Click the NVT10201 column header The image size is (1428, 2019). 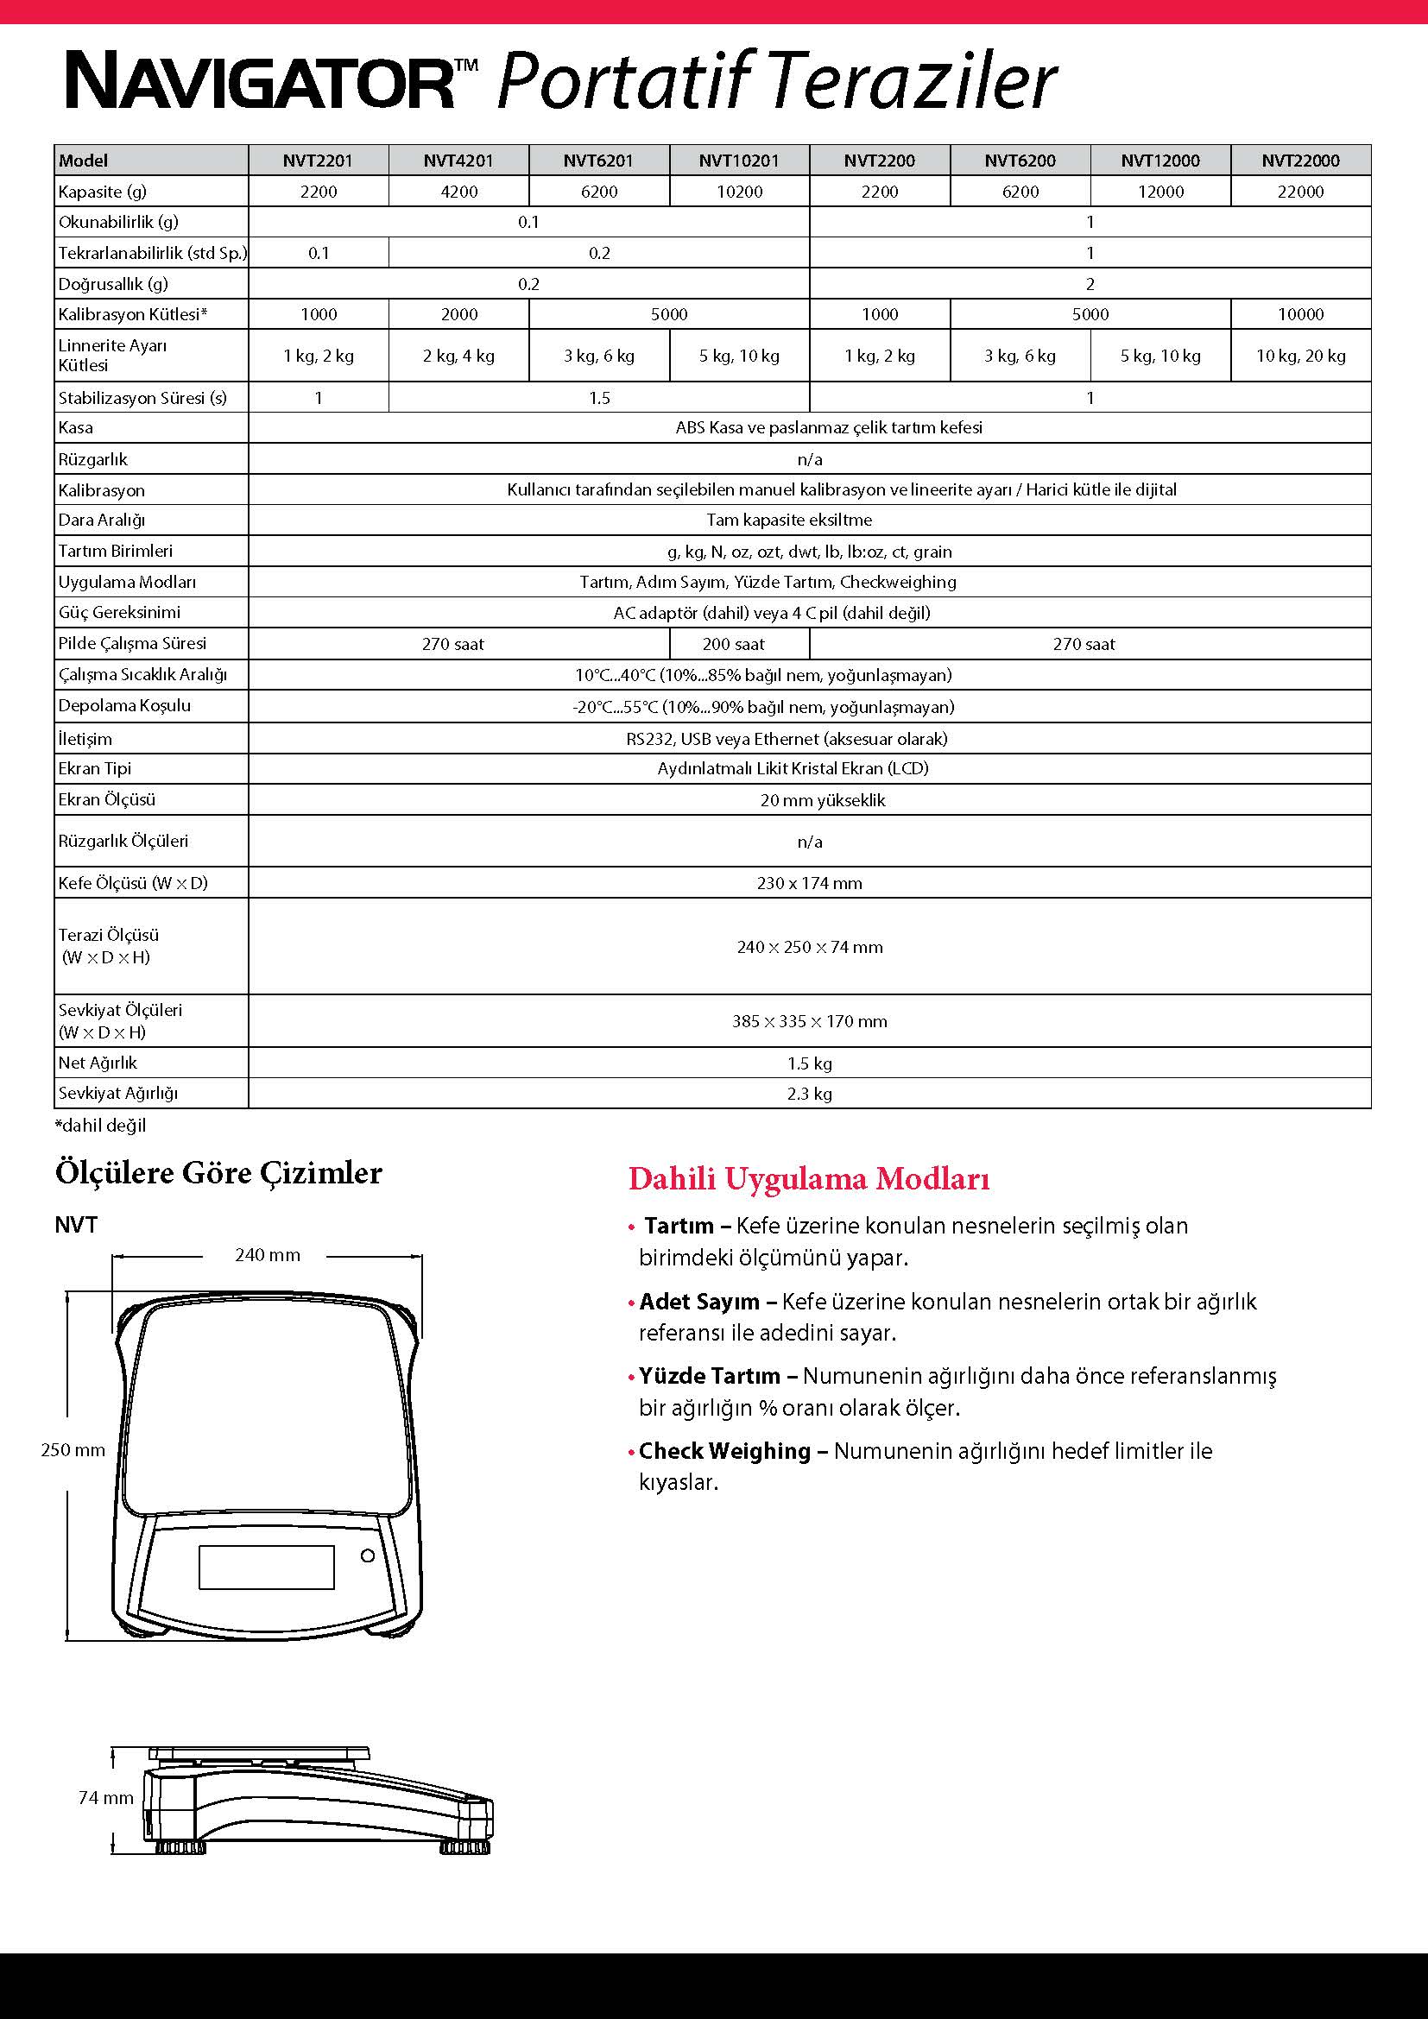coord(739,160)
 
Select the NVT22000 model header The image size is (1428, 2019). coord(1300,160)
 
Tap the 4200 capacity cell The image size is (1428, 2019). coord(458,192)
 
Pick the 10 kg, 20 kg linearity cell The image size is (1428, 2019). coord(1300,356)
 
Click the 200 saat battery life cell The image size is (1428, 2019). coord(733,644)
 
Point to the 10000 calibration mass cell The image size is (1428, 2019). coord(1300,314)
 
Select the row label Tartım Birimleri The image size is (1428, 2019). coord(115,552)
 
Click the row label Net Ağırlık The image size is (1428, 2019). coord(98,1063)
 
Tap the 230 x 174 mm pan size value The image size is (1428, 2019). coord(809,883)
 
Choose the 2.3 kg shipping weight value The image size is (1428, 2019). coord(809,1094)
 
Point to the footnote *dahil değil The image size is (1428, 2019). coord(100,1126)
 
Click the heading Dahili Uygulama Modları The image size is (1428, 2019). coord(809,1179)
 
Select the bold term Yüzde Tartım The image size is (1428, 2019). coord(710,1375)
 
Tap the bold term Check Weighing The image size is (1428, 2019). coord(724,1451)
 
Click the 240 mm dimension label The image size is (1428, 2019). coord(268,1255)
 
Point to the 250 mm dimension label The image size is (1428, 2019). coord(73,1450)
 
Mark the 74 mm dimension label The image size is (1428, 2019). coord(105,1798)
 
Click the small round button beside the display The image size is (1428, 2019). coord(368,1555)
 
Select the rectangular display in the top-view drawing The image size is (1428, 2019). coord(267,1567)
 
